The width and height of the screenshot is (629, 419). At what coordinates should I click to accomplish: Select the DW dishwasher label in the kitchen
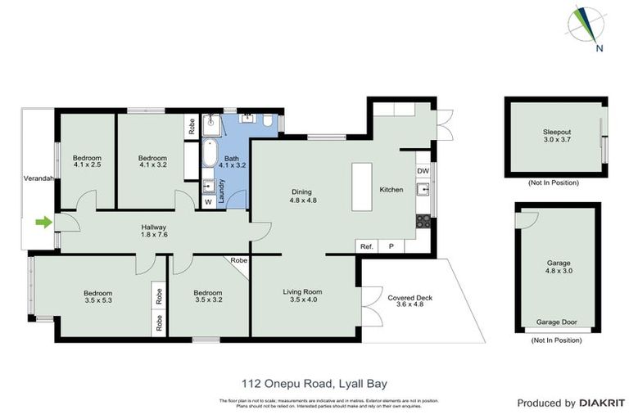click(x=423, y=171)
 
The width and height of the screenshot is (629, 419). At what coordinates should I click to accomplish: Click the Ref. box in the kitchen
click(x=366, y=246)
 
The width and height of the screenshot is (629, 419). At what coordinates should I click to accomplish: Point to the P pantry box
click(x=391, y=246)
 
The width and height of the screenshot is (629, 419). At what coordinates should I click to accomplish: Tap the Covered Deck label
click(x=410, y=302)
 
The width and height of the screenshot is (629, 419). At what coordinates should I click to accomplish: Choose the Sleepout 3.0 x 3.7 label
click(x=556, y=136)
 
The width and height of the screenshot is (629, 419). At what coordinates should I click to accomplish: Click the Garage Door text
click(x=556, y=322)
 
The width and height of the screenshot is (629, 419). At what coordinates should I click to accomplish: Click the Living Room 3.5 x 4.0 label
click(x=302, y=295)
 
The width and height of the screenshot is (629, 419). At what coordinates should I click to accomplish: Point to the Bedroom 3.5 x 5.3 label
click(x=97, y=297)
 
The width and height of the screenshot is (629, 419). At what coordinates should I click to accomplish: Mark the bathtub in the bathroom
click(x=210, y=155)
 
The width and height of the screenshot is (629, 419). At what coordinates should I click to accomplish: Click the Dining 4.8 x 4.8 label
click(x=302, y=196)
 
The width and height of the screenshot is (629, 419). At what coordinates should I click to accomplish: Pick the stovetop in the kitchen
click(x=423, y=220)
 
